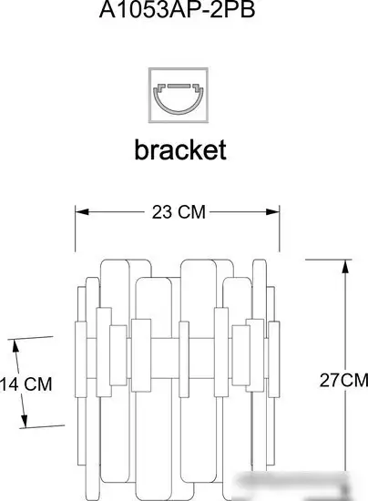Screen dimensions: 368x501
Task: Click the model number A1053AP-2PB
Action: pyautogui.click(x=177, y=9)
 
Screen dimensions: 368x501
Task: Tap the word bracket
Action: pyautogui.click(x=180, y=149)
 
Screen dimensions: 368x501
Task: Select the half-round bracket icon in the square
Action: pyautogui.click(x=179, y=96)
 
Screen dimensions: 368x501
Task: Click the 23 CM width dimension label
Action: pyautogui.click(x=179, y=212)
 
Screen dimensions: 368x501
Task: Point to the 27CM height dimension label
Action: pyautogui.click(x=343, y=380)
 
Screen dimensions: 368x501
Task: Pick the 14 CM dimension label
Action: pyautogui.click(x=26, y=383)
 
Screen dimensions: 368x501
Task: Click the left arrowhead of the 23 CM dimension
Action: pyautogui.click(x=82, y=211)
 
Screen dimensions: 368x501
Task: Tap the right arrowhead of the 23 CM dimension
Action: pyautogui.click(x=272, y=211)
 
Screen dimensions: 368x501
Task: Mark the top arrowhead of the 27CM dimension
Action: pyautogui.click(x=345, y=267)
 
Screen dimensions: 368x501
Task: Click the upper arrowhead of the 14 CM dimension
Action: pyautogui.click(x=15, y=346)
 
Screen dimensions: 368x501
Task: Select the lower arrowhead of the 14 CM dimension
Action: pyautogui.click(x=25, y=420)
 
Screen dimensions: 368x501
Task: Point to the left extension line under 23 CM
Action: pyautogui.click(x=76, y=229)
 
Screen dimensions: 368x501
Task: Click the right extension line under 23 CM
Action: pyautogui.click(x=280, y=229)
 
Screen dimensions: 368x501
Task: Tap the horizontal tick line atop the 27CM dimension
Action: pyautogui.click(x=329, y=260)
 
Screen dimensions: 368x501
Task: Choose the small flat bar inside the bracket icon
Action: pyautogui.click(x=179, y=86)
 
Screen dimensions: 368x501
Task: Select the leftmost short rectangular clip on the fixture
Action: pyautogui.click(x=81, y=360)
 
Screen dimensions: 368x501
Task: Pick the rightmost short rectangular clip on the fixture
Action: pyautogui.click(x=274, y=360)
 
